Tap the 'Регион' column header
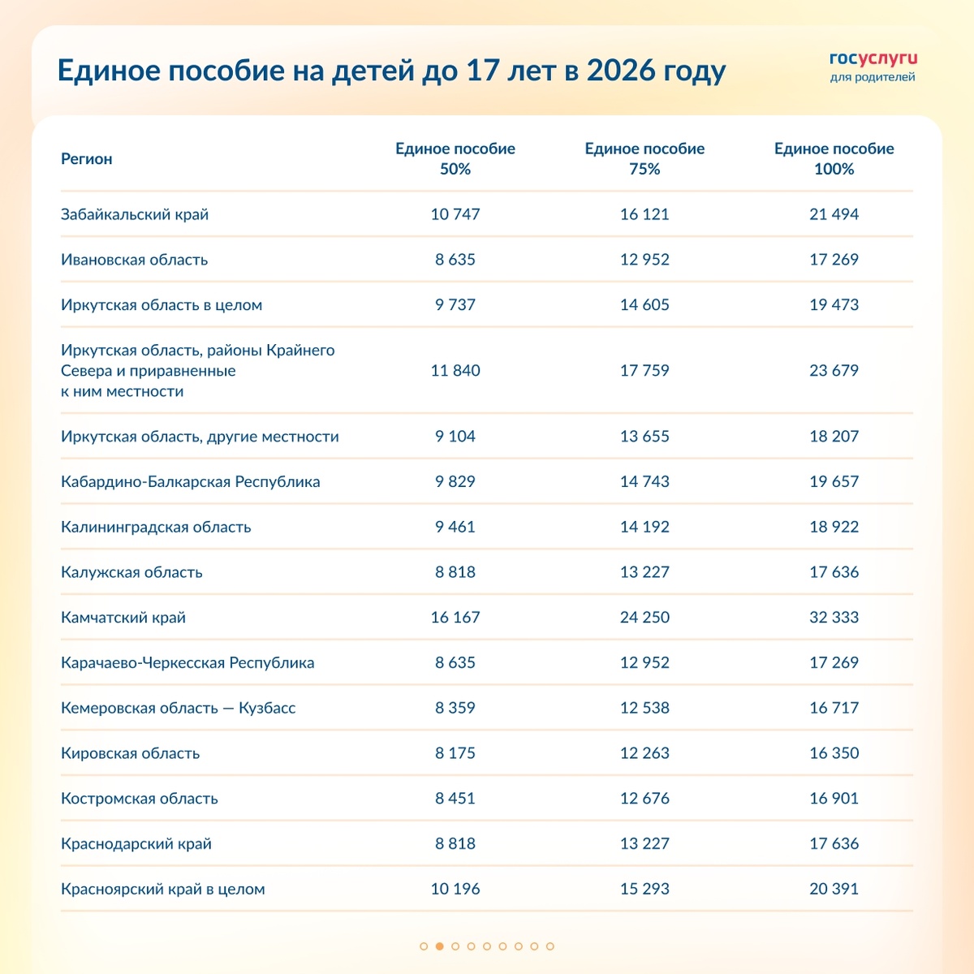(87, 159)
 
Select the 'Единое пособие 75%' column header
(644, 159)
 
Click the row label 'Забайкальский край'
(135, 214)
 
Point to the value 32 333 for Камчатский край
(834, 618)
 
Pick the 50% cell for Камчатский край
(455, 618)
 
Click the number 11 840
(455, 371)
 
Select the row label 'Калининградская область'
(156, 527)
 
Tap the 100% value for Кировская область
(834, 753)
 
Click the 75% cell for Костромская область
(644, 799)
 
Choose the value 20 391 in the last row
(834, 889)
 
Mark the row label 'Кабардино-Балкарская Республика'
(190, 481)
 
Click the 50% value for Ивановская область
(455, 260)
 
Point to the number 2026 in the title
(621, 71)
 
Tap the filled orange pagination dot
(439, 946)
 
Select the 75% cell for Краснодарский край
(644, 843)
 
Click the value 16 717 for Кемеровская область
(834, 708)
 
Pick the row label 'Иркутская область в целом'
(162, 305)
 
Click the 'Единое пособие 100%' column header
(834, 159)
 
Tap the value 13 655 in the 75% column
(644, 437)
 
